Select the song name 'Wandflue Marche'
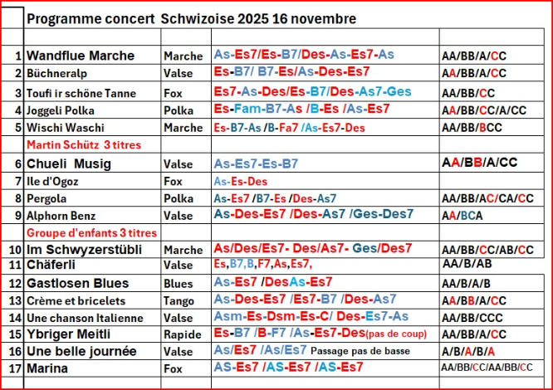pos(81,56)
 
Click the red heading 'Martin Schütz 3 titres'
pos(84,144)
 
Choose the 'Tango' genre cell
pos(179,300)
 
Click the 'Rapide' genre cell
pos(183,334)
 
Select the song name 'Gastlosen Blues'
pos(78,283)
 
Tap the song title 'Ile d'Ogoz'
pos(55,181)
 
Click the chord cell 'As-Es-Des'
pos(241,181)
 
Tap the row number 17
pos(14,368)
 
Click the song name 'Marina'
pos(48,368)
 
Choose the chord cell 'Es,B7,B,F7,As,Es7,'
pos(262,265)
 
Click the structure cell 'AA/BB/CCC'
pos(472,318)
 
